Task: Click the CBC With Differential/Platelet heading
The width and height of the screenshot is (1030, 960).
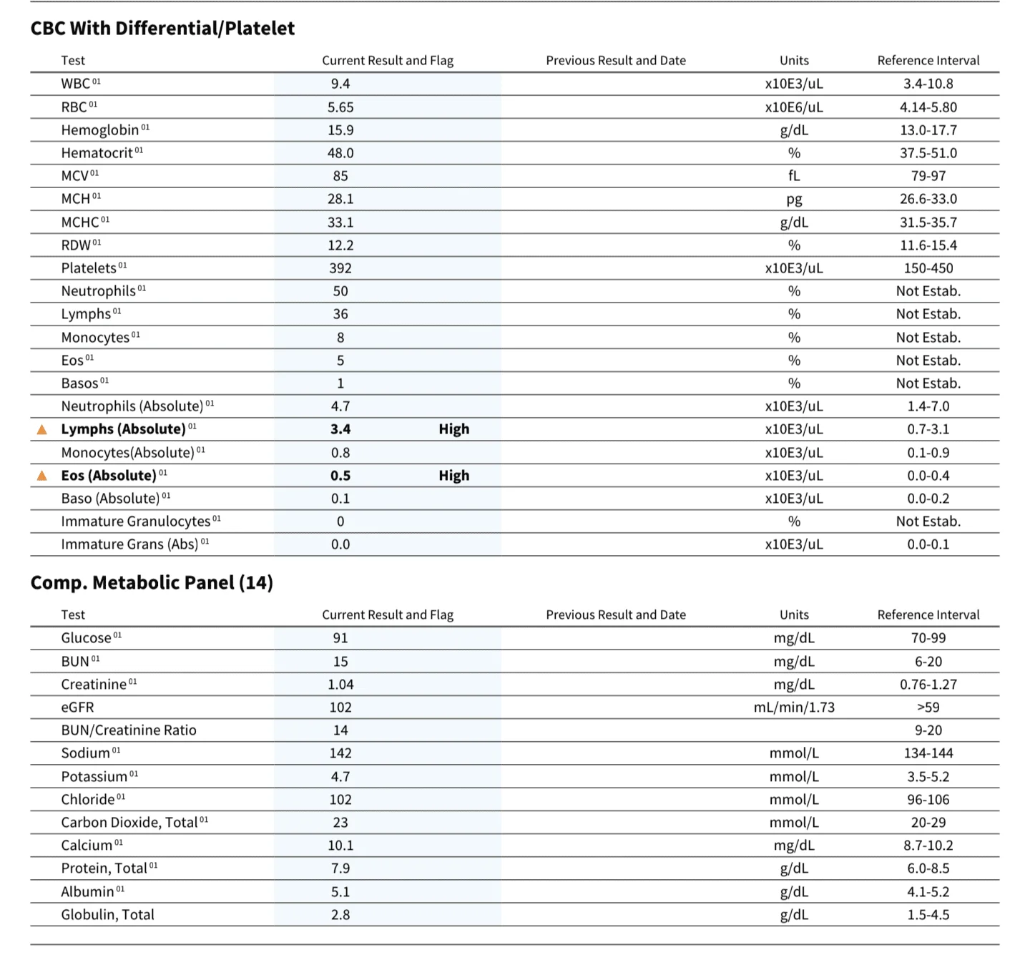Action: click(x=162, y=28)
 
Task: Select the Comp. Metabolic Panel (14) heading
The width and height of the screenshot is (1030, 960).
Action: click(x=152, y=582)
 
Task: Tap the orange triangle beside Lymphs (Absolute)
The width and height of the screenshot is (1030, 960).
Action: click(x=42, y=429)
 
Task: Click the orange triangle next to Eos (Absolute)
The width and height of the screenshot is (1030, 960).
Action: click(x=42, y=476)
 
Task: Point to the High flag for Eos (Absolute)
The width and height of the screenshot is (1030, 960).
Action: click(x=454, y=476)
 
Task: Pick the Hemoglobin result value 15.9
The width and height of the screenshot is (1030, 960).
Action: click(x=340, y=130)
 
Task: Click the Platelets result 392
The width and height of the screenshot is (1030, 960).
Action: click(x=340, y=268)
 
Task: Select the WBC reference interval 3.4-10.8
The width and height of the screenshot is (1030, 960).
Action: click(x=928, y=84)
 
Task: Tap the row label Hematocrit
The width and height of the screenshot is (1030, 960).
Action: click(x=97, y=153)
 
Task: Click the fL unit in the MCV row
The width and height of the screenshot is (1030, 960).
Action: click(x=794, y=176)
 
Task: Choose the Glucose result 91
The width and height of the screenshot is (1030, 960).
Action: click(x=340, y=638)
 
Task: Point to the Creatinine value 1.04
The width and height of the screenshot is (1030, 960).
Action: click(x=340, y=685)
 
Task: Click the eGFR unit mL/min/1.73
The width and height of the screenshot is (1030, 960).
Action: click(x=794, y=707)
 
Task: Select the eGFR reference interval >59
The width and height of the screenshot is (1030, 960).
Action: click(x=928, y=707)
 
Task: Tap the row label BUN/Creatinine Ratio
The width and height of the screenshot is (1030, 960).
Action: click(x=129, y=730)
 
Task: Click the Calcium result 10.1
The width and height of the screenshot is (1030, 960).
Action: click(x=340, y=846)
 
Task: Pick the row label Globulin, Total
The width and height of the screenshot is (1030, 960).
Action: click(x=107, y=915)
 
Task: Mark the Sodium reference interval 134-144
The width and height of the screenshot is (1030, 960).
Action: click(x=928, y=753)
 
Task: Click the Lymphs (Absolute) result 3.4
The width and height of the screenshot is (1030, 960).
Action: click(x=340, y=429)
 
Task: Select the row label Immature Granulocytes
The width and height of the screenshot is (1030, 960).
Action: click(x=136, y=521)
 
